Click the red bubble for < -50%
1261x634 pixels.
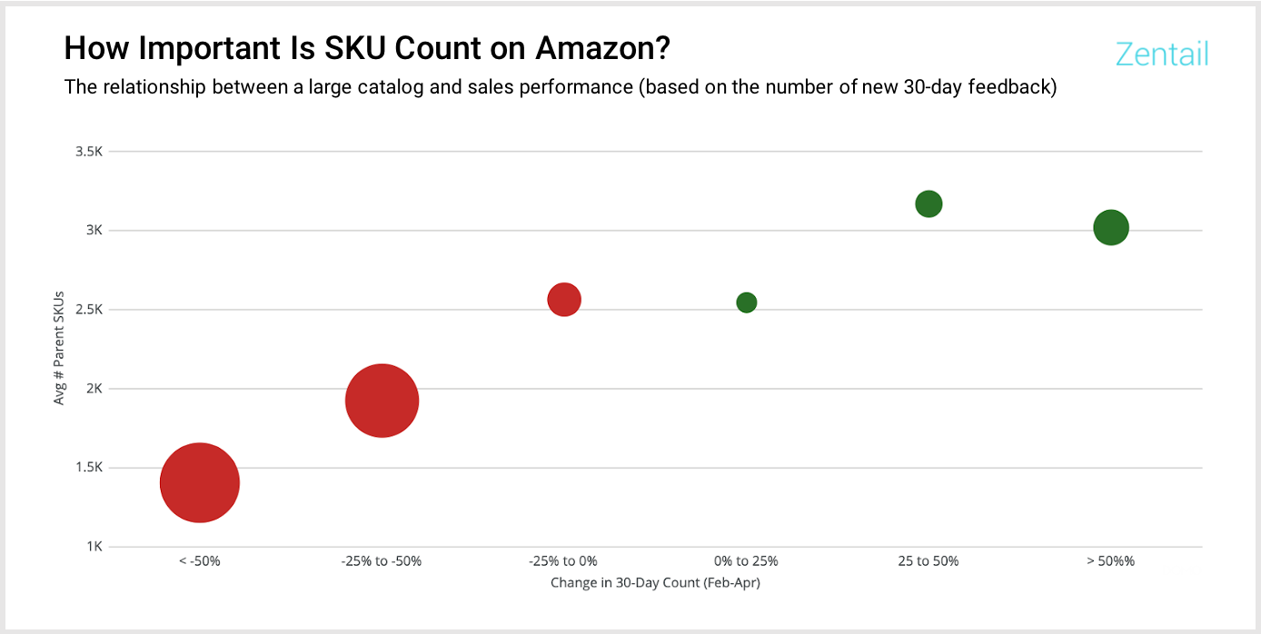[x=200, y=483]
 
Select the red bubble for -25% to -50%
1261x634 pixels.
[x=382, y=401]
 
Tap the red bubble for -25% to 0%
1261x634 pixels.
[x=564, y=299]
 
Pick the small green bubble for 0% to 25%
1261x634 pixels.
[x=747, y=302]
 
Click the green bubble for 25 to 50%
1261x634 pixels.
[x=928, y=203]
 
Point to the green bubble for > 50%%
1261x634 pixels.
[x=1111, y=227]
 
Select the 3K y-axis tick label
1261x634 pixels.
[x=94, y=231]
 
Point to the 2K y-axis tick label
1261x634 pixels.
[x=94, y=389]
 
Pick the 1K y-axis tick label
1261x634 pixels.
[x=94, y=547]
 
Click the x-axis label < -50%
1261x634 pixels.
[x=200, y=561]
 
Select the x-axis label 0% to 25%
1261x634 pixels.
[x=746, y=561]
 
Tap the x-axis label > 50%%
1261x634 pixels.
[x=1110, y=561]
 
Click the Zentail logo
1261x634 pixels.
[x=1162, y=54]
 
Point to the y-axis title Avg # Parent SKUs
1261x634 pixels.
[x=60, y=349]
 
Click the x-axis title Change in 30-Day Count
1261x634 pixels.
[x=655, y=583]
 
